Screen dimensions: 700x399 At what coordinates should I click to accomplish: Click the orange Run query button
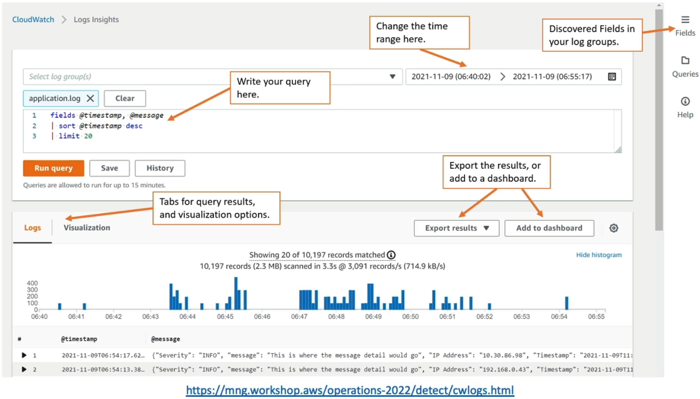click(54, 168)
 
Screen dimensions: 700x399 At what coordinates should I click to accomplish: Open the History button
click(160, 168)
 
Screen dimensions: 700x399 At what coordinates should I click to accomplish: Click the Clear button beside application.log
click(125, 98)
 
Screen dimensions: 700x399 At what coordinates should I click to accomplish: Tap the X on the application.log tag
click(90, 98)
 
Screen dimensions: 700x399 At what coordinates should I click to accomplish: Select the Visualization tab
click(87, 228)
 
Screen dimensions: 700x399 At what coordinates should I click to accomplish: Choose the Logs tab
click(32, 228)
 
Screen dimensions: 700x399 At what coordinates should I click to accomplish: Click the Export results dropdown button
click(457, 228)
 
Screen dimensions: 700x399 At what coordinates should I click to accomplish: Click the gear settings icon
click(614, 228)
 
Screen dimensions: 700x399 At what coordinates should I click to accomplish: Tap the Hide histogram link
click(599, 255)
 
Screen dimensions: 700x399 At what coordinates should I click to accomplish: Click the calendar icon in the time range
click(612, 76)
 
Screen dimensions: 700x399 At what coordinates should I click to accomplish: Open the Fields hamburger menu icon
click(685, 20)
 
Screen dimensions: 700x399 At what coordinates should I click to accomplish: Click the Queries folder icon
click(685, 60)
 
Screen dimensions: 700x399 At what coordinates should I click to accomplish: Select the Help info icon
click(685, 101)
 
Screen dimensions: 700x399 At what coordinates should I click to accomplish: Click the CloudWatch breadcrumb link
click(33, 19)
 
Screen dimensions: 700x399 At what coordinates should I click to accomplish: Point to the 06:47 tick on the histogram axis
click(299, 316)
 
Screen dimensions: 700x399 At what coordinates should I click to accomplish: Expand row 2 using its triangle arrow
click(24, 369)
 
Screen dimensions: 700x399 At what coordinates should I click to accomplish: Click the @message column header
click(165, 339)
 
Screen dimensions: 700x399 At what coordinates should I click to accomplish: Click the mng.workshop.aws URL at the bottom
click(349, 390)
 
